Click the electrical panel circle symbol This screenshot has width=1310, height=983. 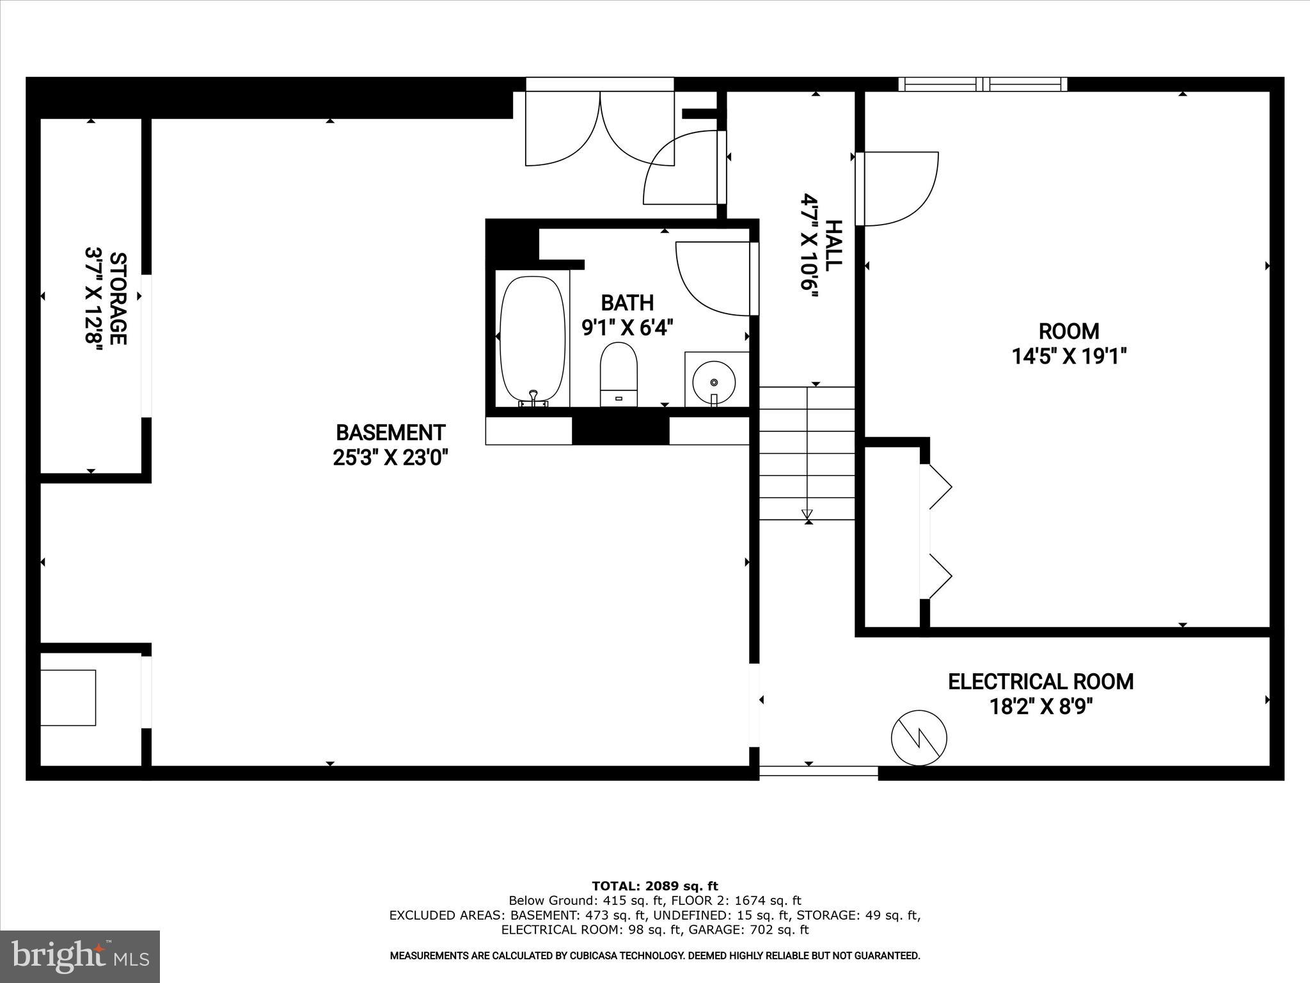coord(919,737)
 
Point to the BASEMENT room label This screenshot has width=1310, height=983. coord(390,433)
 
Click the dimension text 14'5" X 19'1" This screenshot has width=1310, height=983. coord(1068,356)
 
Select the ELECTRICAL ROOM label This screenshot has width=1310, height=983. coord(1041,682)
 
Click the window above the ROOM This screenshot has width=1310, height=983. coord(982,84)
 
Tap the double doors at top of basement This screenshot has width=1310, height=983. coord(599,128)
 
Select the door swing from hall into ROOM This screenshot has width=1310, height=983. coord(899,189)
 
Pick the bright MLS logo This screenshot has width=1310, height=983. coord(80,956)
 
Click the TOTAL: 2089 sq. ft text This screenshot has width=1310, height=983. coord(654,886)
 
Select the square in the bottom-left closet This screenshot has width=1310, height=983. coord(68,698)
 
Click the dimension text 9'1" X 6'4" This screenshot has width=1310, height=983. coord(627,328)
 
